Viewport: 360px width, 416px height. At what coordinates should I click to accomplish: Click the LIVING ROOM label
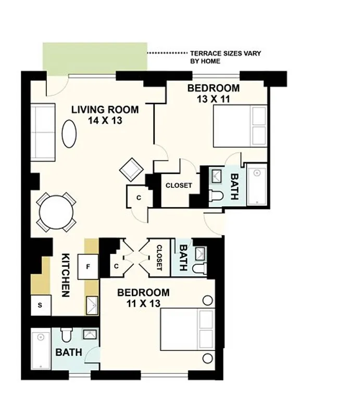click(x=105, y=110)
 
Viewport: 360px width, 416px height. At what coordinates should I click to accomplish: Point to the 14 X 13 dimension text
click(x=105, y=121)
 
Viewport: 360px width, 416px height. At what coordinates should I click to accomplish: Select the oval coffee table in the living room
click(x=70, y=134)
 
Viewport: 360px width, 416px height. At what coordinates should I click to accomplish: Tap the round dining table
click(x=56, y=213)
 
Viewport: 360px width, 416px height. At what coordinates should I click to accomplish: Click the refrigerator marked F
click(x=88, y=267)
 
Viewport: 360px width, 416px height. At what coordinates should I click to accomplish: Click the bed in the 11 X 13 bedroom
click(x=187, y=329)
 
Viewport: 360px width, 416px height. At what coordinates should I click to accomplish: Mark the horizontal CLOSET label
click(x=179, y=186)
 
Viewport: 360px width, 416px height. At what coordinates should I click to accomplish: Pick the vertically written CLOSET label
click(x=159, y=258)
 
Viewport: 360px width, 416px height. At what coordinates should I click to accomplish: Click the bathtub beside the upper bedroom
click(x=257, y=186)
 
